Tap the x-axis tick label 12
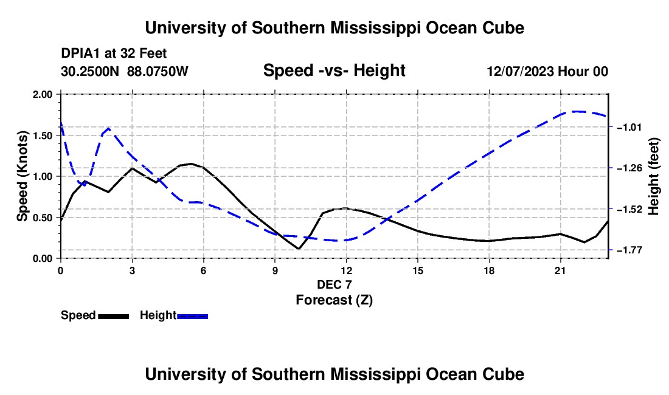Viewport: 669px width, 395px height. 347,270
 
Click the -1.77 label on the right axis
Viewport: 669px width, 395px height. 628,250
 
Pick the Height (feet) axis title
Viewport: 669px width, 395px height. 654,176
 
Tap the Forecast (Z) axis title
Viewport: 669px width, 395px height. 334,300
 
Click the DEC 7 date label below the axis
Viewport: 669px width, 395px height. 334,284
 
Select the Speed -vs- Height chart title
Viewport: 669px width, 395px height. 334,70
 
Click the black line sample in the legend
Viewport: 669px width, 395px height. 114,316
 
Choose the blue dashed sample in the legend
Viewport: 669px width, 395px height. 192,316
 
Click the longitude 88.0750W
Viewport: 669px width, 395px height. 158,71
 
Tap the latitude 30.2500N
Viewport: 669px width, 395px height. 90,71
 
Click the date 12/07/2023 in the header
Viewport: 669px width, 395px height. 521,71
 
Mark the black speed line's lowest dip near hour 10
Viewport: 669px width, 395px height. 298,249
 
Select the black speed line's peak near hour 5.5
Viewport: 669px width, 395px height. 192,163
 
